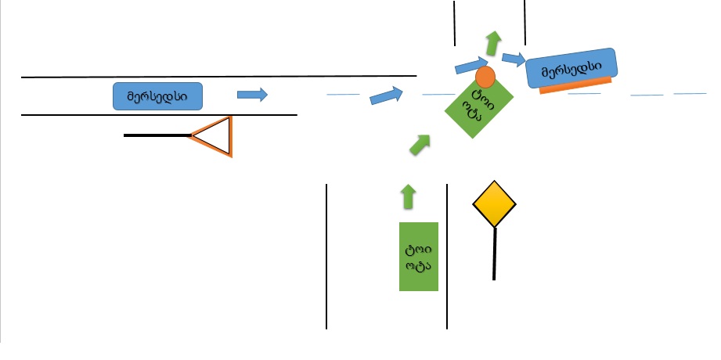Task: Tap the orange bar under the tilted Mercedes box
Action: click(x=575, y=88)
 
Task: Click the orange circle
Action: click(x=485, y=77)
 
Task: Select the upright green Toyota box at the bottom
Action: click(x=419, y=256)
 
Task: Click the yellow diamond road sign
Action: click(x=494, y=204)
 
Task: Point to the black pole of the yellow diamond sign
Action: click(x=494, y=254)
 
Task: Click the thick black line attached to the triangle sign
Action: click(x=157, y=135)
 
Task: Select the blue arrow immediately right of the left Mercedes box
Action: click(x=252, y=95)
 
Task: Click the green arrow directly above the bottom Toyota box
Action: click(x=407, y=196)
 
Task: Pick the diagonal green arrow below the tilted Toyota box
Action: click(x=420, y=145)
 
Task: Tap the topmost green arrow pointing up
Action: click(x=492, y=43)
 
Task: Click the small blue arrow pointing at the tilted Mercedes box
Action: click(x=514, y=58)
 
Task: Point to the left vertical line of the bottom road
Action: click(x=326, y=256)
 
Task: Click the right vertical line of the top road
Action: click(x=525, y=23)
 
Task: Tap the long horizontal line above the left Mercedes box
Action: click(x=218, y=77)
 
